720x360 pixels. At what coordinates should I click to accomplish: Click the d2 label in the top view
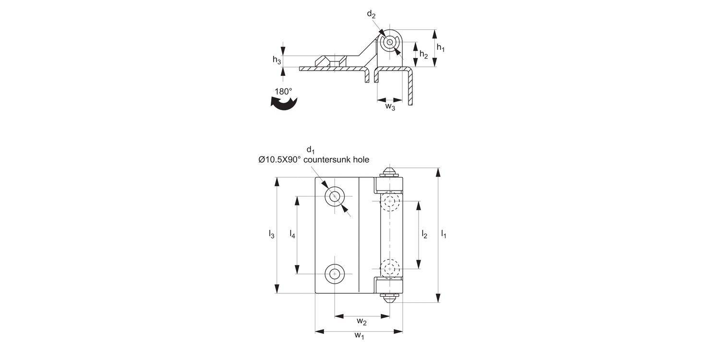pos(371,14)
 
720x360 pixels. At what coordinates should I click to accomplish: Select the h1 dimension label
pos(441,48)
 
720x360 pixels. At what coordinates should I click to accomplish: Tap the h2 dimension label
pos(423,55)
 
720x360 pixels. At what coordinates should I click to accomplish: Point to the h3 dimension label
pos(277,60)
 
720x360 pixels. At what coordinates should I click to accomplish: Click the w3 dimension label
pos(390,107)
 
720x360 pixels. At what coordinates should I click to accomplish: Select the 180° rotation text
pos(283,91)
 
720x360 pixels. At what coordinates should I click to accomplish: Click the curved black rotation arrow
pos(284,103)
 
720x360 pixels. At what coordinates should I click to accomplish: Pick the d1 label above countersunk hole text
pos(311,150)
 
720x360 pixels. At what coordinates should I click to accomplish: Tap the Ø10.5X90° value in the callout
pos(279,160)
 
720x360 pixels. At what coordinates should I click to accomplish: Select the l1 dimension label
pos(444,234)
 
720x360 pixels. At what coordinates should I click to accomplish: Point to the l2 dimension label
pos(424,234)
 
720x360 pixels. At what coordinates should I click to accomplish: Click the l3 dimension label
pos(271,234)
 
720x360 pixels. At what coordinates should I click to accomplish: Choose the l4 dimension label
pos(292,234)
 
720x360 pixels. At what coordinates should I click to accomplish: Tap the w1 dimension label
pos(359,336)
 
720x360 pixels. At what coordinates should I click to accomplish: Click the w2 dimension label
pos(362,321)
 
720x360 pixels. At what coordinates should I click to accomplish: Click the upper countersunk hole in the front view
pos(335,196)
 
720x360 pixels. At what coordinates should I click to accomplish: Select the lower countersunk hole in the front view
pos(335,274)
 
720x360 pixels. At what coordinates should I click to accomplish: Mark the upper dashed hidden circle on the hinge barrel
pos(390,202)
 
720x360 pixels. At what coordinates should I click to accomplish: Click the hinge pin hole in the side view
pos(389,42)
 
